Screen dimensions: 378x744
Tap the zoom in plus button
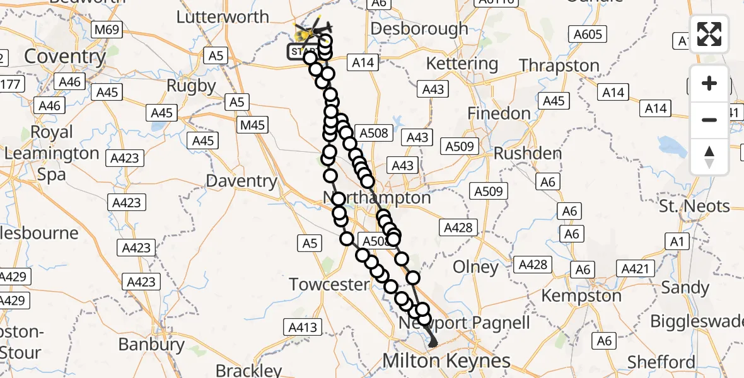tap(709, 83)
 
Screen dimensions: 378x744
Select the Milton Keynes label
tap(446, 361)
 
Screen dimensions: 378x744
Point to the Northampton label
tap(377, 198)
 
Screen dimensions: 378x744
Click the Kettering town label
tap(462, 64)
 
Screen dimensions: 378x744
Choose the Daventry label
tap(242, 181)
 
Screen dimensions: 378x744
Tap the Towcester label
tap(329, 284)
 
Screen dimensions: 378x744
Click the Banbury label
tap(151, 345)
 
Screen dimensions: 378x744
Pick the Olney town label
tap(476, 267)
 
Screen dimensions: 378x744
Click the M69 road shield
tap(106, 30)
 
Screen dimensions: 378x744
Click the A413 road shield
tap(303, 326)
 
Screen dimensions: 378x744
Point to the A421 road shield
tap(635, 269)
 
